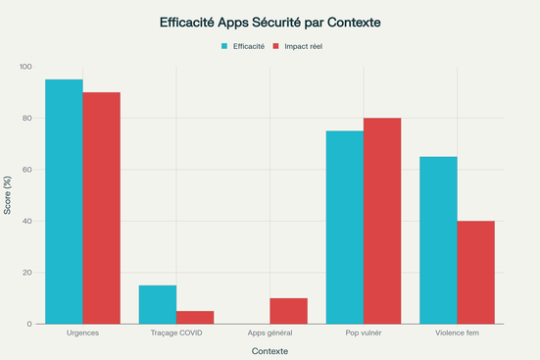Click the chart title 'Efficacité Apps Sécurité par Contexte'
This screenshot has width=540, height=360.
point(270,21)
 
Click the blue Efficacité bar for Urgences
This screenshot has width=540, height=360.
point(65,201)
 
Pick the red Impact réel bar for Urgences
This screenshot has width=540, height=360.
point(102,208)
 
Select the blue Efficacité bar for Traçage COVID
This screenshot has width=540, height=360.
point(158,304)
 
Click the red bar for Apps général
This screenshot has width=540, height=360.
point(288,311)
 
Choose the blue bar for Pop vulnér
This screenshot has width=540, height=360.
point(345,227)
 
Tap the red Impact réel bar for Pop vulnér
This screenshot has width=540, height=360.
point(382,221)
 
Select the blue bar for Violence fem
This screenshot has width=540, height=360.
point(438,240)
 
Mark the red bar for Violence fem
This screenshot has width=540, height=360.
point(475,272)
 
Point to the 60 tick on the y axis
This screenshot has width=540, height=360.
point(26,170)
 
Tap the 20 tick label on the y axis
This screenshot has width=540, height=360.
point(26,273)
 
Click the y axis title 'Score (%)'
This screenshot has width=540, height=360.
point(9,195)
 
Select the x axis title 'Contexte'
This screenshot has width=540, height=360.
point(270,351)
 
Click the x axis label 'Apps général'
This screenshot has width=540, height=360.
point(270,334)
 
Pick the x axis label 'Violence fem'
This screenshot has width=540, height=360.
point(457,334)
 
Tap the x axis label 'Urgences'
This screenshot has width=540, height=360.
point(83,334)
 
